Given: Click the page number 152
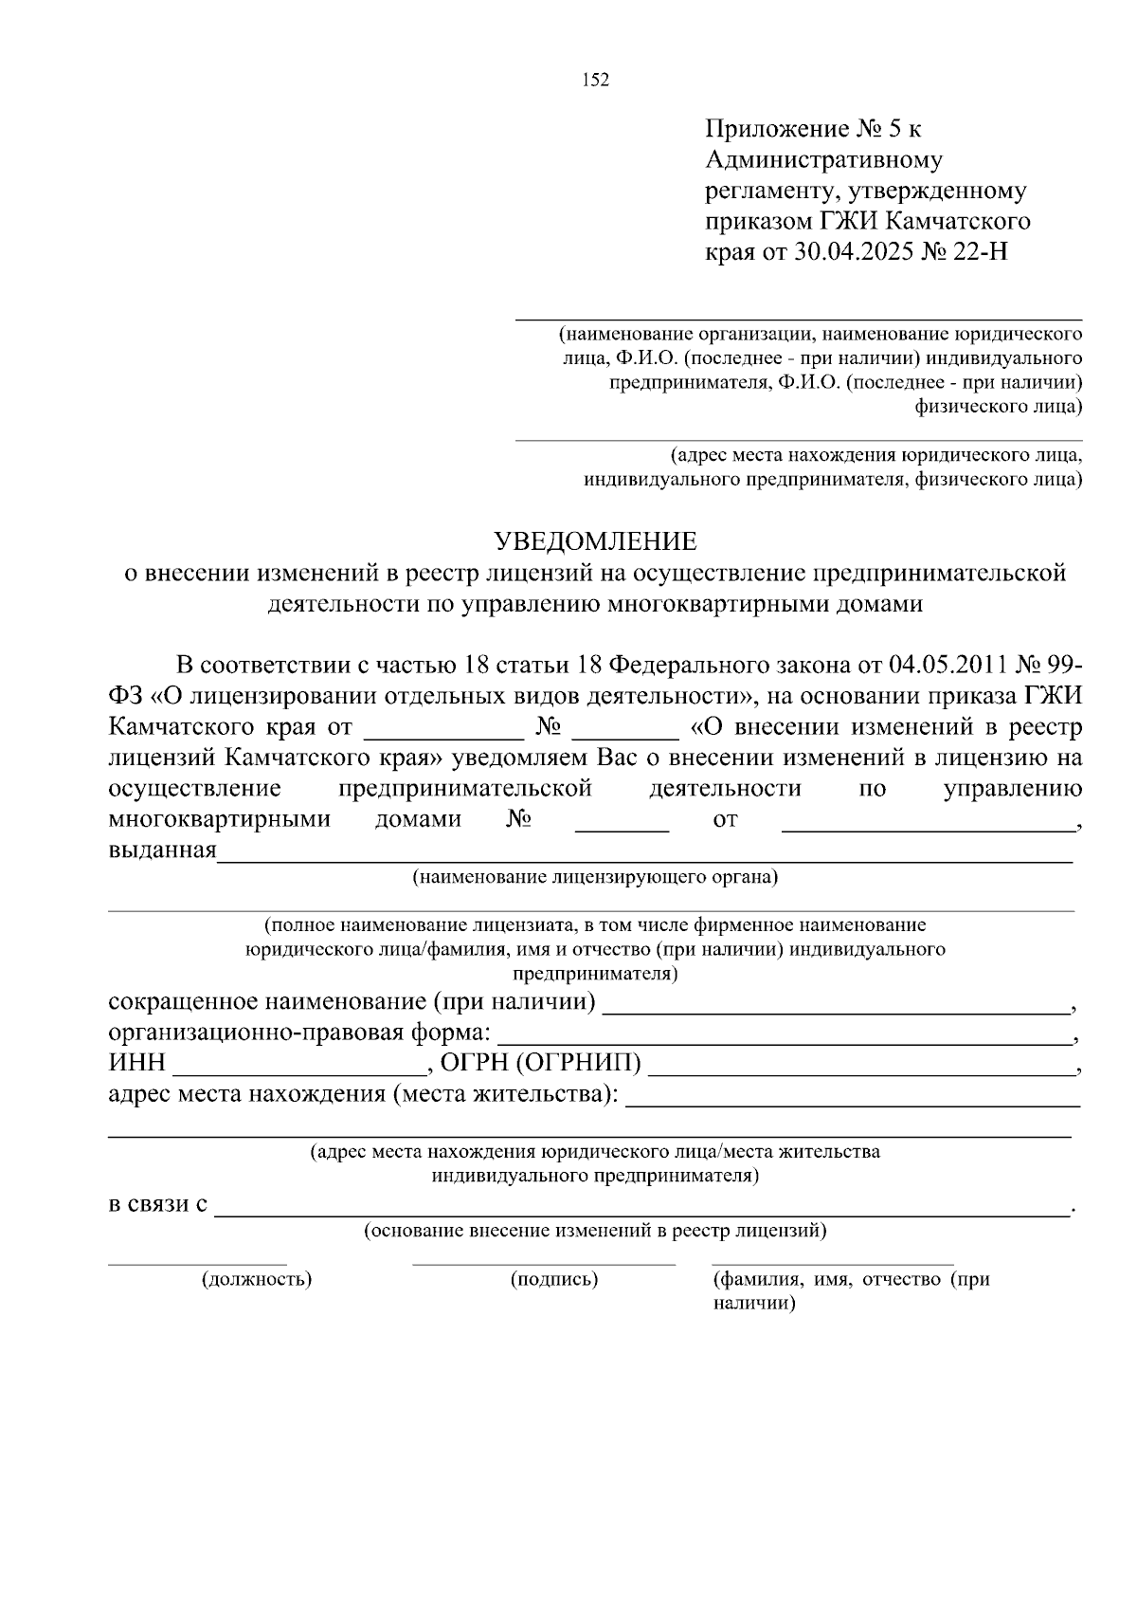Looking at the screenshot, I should pos(595,80).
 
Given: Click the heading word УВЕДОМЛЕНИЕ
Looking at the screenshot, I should pos(596,541).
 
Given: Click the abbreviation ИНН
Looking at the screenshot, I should pos(136,1064).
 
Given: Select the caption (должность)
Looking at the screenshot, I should pos(257,1279).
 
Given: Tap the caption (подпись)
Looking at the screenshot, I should pos(554,1279).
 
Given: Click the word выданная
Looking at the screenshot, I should pos(162,850).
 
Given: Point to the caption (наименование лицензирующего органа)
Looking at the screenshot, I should pos(594,877).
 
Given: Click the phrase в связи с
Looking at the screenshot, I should pos(158,1206).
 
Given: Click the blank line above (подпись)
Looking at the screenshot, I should pos(544,1263).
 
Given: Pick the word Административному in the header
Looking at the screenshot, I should pos(823,160).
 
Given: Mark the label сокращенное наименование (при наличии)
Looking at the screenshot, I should pos(352,1001).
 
